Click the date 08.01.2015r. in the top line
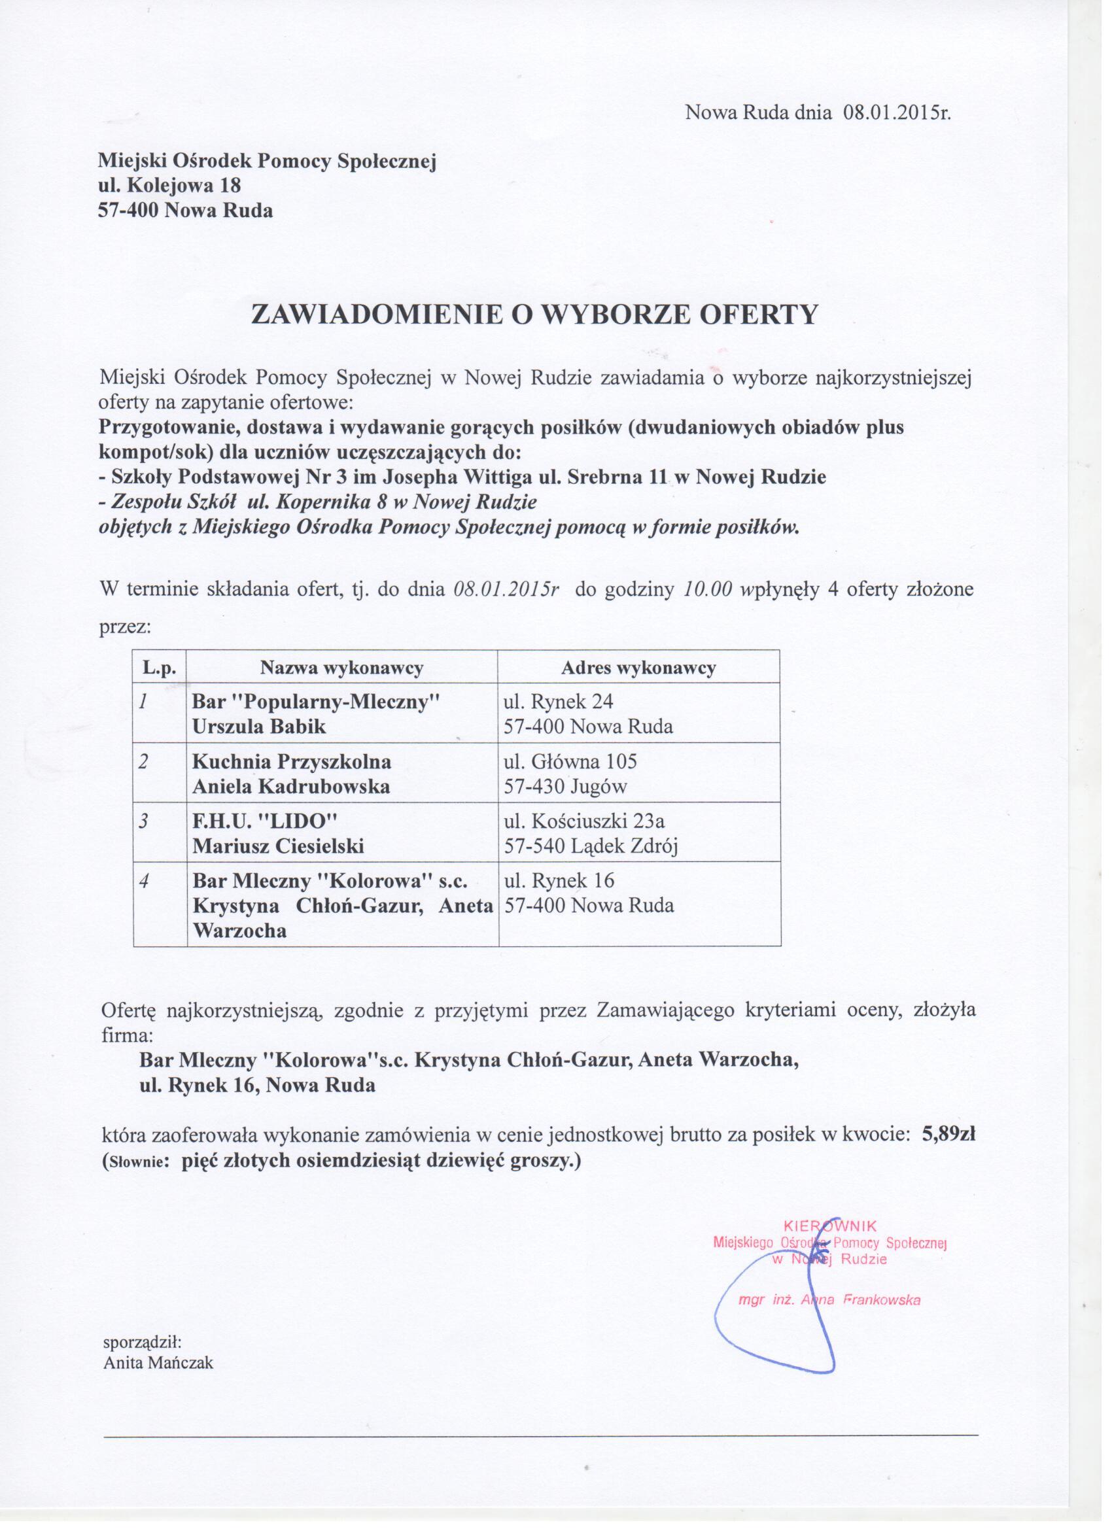click(896, 112)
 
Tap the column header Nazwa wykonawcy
click(342, 668)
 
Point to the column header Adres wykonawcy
click(638, 668)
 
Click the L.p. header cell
click(159, 668)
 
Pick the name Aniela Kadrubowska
click(291, 787)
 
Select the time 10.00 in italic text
click(707, 590)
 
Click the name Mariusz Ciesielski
click(278, 846)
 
